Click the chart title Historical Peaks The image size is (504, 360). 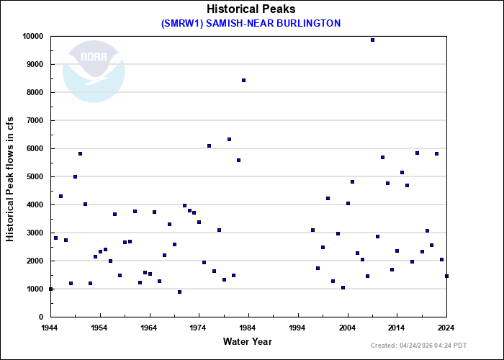coord(251,9)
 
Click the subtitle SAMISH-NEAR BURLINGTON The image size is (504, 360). coord(251,23)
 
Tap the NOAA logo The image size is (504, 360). coord(94,71)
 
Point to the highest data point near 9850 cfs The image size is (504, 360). coord(372,40)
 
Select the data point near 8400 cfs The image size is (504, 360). coord(243,80)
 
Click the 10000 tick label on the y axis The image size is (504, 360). coord(32,36)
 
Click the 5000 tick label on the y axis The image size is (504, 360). coord(35,176)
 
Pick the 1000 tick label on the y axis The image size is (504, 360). coord(35,289)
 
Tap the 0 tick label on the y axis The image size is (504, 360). coord(42,317)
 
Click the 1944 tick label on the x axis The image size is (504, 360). coord(50,328)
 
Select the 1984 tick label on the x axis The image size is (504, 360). coord(248,328)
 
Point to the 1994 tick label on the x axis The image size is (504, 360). coord(298,328)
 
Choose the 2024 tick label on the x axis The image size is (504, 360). coord(446,328)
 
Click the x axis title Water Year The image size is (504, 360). coord(248,341)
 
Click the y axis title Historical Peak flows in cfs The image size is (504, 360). coord(10,176)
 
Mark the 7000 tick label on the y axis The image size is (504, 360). coord(35,120)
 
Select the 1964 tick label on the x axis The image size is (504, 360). coord(149,328)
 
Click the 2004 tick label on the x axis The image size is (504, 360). coord(348,328)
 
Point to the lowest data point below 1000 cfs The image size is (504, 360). coord(179,292)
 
